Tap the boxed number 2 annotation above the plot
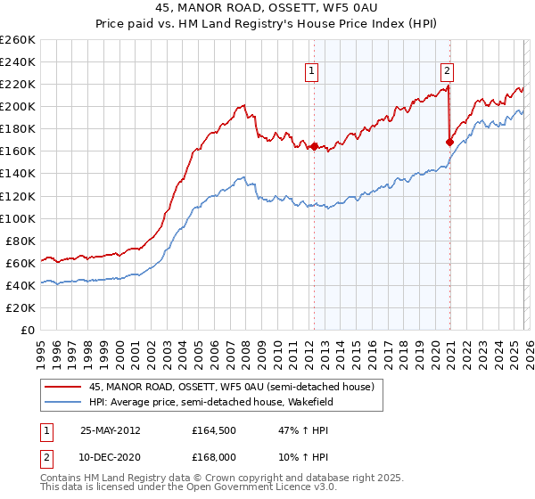tap(446, 73)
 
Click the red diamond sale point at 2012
tap(314, 146)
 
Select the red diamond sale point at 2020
tap(449, 142)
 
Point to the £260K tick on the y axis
tap(17, 40)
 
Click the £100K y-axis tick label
tap(17, 218)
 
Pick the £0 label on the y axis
tap(28, 330)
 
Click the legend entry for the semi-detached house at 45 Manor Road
tap(236, 387)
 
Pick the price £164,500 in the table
tap(214, 430)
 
